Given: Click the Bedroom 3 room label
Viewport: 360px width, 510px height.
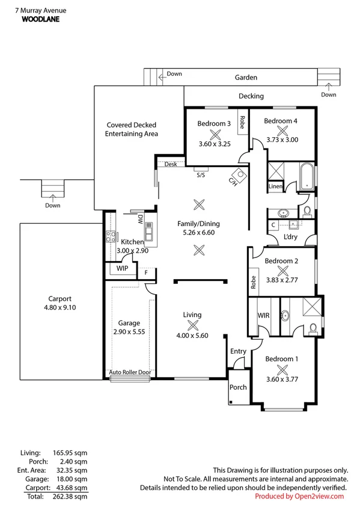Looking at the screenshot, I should pyautogui.click(x=214, y=124).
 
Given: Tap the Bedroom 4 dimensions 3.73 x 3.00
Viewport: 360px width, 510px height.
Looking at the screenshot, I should pyautogui.click(x=282, y=140).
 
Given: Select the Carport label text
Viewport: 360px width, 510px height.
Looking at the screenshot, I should pyautogui.click(x=60, y=298).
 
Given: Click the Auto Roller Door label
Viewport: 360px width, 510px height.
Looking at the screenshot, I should pyautogui.click(x=130, y=372).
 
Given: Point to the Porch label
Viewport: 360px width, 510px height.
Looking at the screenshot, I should pyautogui.click(x=238, y=387).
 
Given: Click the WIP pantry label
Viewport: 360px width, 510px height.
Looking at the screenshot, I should pyautogui.click(x=122, y=268).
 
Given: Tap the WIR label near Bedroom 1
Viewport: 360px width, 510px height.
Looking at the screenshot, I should pyautogui.click(x=263, y=315).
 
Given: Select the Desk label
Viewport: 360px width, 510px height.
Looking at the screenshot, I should pyautogui.click(x=171, y=164).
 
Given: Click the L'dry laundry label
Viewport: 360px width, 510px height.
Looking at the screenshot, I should pyautogui.click(x=291, y=236).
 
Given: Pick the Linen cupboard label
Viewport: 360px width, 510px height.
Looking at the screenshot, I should pyautogui.click(x=275, y=187).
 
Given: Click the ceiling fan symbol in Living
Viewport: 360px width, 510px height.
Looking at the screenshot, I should pyautogui.click(x=193, y=325).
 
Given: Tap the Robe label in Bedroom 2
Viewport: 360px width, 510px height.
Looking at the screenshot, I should pyautogui.click(x=254, y=282).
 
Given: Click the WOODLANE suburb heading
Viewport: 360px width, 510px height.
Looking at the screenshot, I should pyautogui.click(x=41, y=19).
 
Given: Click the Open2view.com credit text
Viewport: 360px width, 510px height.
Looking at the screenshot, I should pyautogui.click(x=299, y=496).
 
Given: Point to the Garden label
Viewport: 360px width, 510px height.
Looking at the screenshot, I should pyautogui.click(x=246, y=78).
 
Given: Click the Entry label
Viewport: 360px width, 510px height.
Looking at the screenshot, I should pyautogui.click(x=238, y=352).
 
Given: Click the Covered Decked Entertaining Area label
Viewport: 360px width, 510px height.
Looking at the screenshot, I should pyautogui.click(x=132, y=129).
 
